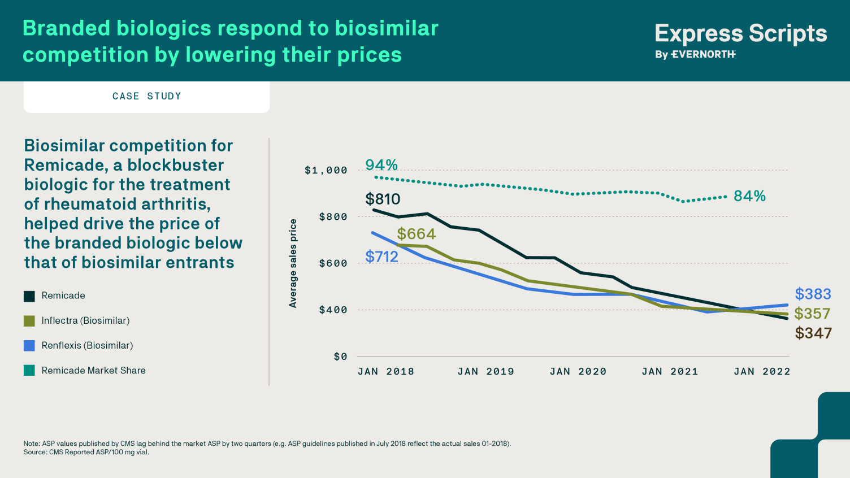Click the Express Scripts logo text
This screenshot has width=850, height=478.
pos(740,34)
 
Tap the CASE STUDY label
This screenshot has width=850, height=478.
pos(147,97)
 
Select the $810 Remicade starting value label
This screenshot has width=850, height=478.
pos(383,199)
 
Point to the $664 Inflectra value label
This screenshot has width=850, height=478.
pos(417,234)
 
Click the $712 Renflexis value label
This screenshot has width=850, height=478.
pos(382,257)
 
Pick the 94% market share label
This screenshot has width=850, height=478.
pos(381,165)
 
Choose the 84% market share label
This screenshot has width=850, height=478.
pos(749,196)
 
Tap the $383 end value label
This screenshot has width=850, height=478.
pos(813,294)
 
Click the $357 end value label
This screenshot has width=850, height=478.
pos(812,314)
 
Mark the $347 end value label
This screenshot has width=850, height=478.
pos(813,333)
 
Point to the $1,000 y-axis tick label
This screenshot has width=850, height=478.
pos(326,171)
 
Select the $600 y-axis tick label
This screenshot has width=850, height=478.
pos(333,263)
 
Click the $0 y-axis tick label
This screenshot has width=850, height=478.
pos(340,357)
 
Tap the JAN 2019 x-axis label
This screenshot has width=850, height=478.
pos(486,372)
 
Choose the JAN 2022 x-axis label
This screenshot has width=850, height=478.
pos(762,372)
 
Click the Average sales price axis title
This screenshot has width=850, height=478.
pos(293,263)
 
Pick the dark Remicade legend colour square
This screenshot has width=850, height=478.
pos(29,296)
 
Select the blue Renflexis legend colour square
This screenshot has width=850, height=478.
pos(29,346)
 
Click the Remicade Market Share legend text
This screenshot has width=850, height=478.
pos(93,371)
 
